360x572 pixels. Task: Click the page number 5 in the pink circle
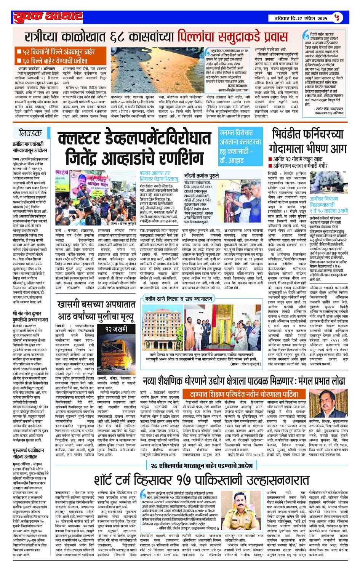click(336, 17)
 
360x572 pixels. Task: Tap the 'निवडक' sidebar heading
click(30, 133)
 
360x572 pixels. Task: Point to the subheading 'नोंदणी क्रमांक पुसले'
click(202, 176)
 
